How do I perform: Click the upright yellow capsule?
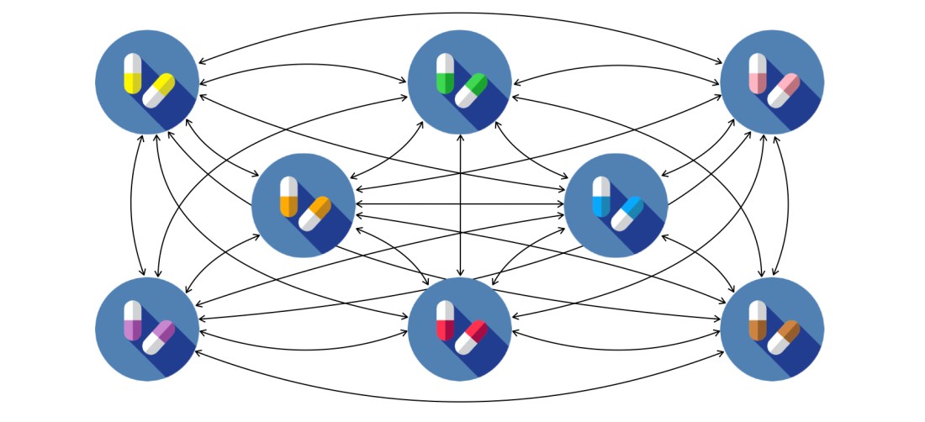pyautogui.click(x=132, y=73)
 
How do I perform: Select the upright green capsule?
pyautogui.click(x=445, y=73)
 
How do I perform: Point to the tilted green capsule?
pyautogui.click(x=471, y=91)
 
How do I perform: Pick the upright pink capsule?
pyautogui.click(x=758, y=73)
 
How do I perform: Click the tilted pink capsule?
pyautogui.click(x=783, y=91)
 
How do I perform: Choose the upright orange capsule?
pyautogui.click(x=288, y=197)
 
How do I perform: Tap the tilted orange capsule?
pyautogui.click(x=314, y=214)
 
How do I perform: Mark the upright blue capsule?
pyautogui.click(x=601, y=197)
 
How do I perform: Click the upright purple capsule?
pyautogui.click(x=132, y=320)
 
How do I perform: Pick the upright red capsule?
pyautogui.click(x=445, y=320)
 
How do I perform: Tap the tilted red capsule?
pyautogui.click(x=471, y=337)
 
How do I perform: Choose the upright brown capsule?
pyautogui.click(x=758, y=320)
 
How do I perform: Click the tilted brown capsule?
pyautogui.click(x=783, y=337)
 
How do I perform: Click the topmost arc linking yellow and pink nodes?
pyautogui.click(x=460, y=13)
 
